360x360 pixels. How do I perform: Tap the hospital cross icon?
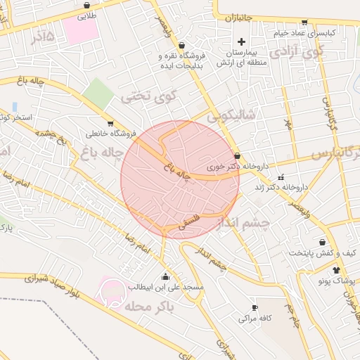(241, 42)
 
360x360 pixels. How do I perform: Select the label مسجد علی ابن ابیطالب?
(166, 288)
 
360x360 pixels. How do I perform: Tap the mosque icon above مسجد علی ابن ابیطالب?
(165, 276)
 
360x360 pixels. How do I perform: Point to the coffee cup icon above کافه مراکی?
(255, 307)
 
